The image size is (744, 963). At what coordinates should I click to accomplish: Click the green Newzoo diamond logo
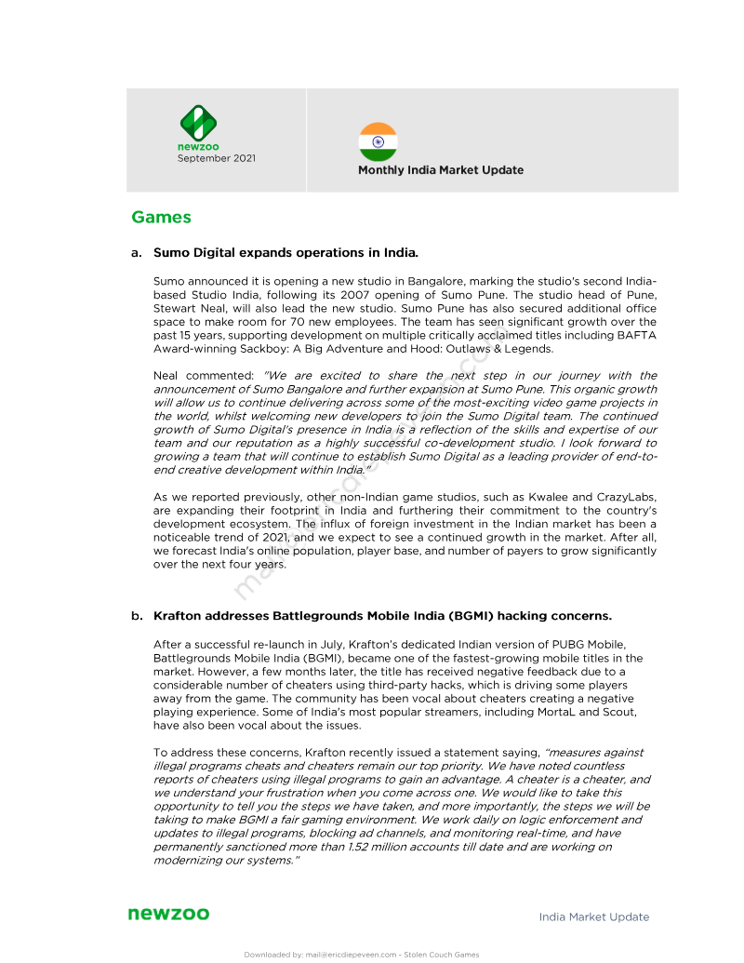click(198, 123)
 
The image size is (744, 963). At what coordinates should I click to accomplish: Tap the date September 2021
click(217, 158)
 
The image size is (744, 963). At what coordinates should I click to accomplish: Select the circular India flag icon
click(378, 141)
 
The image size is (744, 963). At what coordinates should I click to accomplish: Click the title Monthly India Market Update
click(441, 170)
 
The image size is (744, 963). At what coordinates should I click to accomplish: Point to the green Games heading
click(161, 218)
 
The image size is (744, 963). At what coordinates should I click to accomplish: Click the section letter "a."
click(137, 252)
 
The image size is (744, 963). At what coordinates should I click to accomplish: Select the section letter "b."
click(137, 616)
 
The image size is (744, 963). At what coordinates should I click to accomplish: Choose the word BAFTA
click(636, 335)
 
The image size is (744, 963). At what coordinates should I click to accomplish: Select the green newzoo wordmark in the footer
click(168, 915)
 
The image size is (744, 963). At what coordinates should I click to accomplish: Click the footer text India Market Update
click(594, 917)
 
